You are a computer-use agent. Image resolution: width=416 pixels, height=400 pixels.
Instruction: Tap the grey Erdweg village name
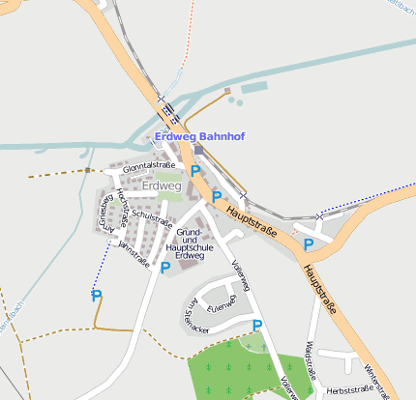point(162,186)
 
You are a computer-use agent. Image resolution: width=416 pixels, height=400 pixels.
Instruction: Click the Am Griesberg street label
point(104,217)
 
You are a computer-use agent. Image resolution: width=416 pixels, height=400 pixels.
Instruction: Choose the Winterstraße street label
point(379,378)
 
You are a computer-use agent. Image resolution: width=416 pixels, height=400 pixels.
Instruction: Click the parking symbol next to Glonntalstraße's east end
point(195,171)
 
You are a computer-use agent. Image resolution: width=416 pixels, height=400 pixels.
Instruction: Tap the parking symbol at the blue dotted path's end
point(96,296)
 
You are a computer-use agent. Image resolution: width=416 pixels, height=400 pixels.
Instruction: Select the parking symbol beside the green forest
point(256,327)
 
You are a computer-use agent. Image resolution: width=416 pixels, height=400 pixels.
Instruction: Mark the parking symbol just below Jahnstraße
point(164,268)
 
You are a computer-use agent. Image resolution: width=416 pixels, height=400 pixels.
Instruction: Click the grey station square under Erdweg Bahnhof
point(198,150)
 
